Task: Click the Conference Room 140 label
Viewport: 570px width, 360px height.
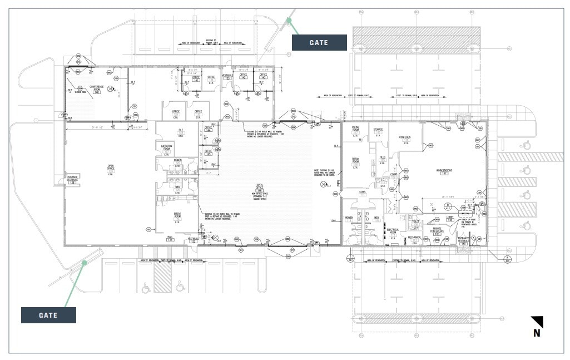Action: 97,89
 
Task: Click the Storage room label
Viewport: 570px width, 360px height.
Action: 378,131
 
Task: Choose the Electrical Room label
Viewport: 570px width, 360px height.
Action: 393,231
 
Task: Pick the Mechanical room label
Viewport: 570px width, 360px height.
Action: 414,238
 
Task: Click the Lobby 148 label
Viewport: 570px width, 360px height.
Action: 450,219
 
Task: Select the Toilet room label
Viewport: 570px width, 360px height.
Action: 415,223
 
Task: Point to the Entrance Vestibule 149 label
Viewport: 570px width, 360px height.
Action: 463,240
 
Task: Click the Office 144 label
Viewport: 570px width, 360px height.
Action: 208,129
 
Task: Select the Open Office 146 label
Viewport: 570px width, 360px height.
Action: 259,189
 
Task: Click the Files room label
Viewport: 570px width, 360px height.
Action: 383,159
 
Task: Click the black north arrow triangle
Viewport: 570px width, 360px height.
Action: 538,322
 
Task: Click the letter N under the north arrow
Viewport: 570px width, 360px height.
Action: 537,334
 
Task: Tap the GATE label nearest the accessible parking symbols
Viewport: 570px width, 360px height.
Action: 48,315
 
